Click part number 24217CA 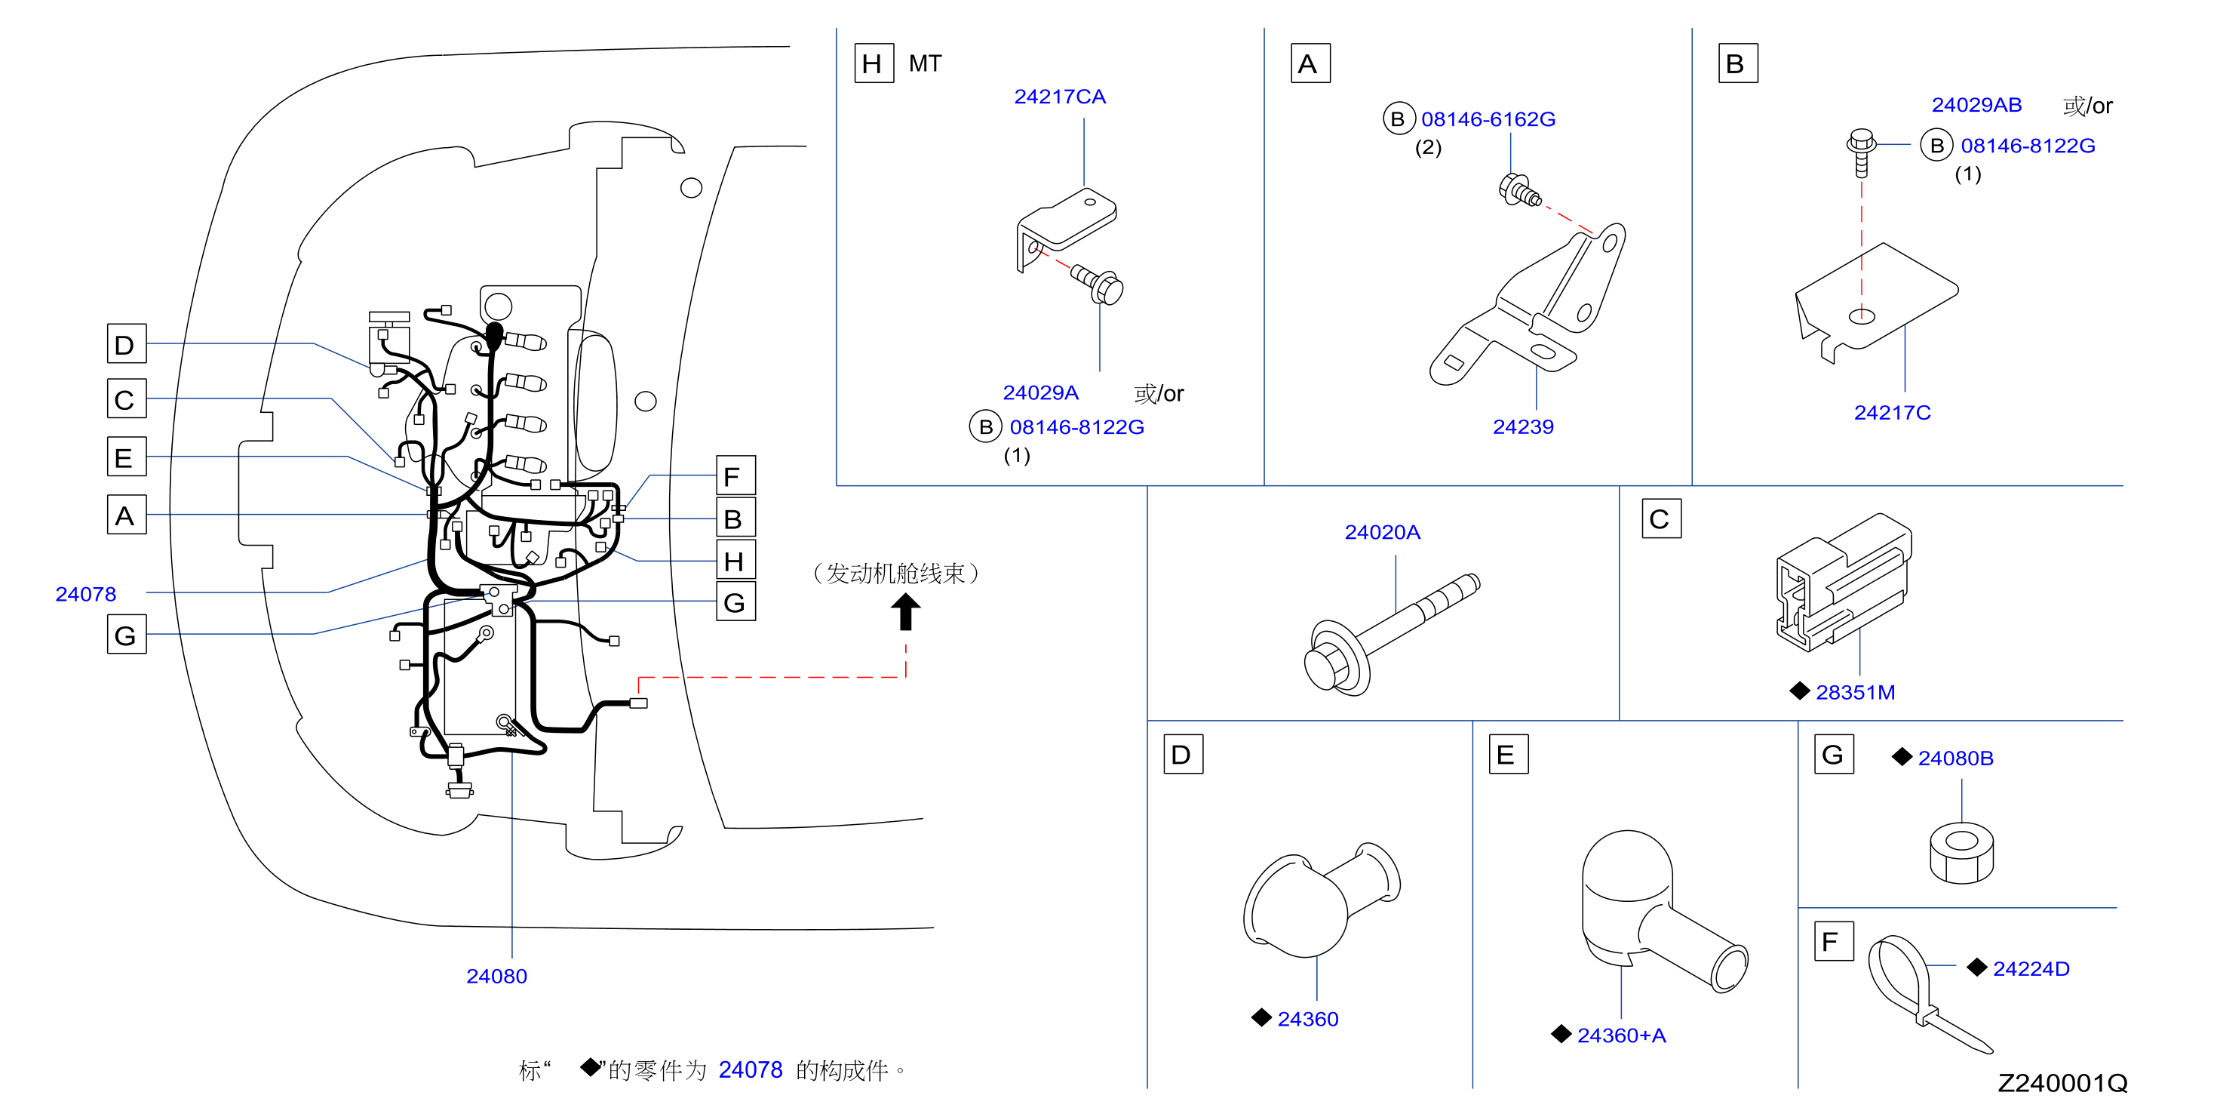1059,97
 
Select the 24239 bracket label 1522,427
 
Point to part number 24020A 1382,532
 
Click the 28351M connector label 1855,692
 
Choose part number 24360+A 1621,1035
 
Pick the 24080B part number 1955,758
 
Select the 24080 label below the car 496,977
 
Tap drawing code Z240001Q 2062,1083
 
